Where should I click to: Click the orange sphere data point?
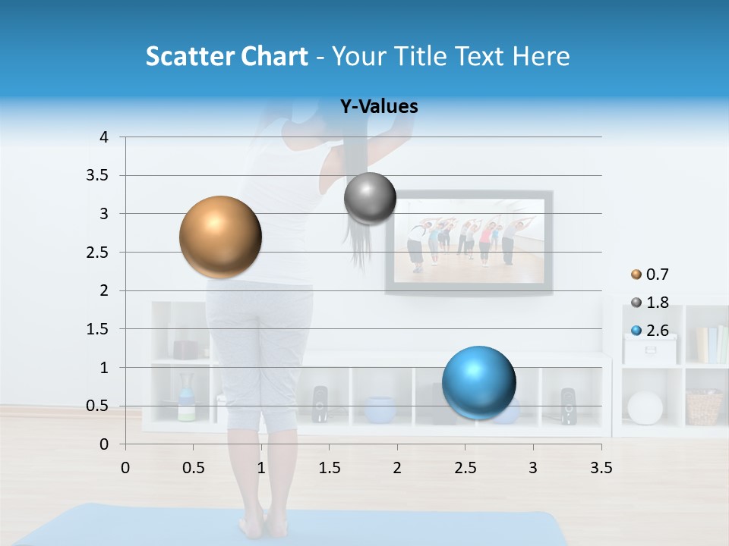220,237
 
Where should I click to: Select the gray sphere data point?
370,199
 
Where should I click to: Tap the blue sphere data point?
478,382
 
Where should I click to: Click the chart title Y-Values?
379,107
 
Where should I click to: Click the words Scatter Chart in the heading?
226,56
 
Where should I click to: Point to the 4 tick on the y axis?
105,137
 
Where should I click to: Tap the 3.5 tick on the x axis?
601,468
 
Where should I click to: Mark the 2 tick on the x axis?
397,468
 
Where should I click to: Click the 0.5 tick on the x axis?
193,468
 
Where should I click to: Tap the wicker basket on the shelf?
704,407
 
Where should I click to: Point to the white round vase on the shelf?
645,408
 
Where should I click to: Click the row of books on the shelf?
712,344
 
